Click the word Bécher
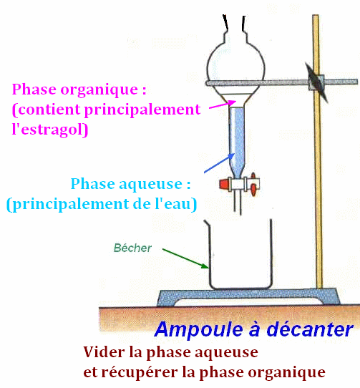coord(132,248)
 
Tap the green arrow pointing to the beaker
coord(185,258)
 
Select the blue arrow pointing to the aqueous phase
coord(219,163)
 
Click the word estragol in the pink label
coord(52,130)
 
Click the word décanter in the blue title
coord(310,329)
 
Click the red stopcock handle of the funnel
coord(225,184)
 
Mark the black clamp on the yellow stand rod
coord(316,82)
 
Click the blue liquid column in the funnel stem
coord(237,141)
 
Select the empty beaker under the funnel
coord(240,254)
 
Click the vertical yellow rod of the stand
coord(318,152)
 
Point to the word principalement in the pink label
coord(142,110)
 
